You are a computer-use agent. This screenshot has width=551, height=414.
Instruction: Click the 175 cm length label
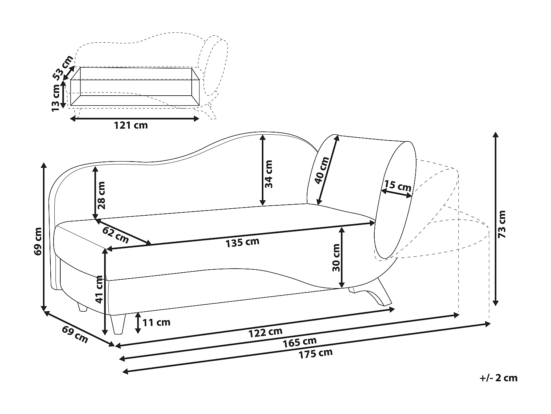[316, 354]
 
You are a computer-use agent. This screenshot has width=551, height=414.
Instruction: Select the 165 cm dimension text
[299, 342]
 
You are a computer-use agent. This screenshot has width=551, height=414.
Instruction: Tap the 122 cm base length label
[265, 332]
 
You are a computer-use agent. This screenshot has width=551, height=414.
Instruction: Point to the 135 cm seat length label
[242, 242]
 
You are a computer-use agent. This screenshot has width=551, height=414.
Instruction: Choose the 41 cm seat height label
[100, 289]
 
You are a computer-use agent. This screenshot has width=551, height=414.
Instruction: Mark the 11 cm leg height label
[156, 322]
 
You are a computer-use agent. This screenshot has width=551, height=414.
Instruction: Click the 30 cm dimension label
[336, 258]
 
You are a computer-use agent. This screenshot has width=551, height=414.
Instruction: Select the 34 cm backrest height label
[269, 174]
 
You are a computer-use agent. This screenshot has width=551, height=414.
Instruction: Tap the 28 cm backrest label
[101, 195]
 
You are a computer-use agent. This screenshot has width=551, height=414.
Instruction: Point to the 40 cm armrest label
[321, 170]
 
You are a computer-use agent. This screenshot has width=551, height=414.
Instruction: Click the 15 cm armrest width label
[398, 186]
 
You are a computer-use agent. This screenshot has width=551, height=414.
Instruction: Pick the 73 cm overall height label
[502, 224]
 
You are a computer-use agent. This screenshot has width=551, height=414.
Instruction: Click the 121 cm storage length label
[131, 125]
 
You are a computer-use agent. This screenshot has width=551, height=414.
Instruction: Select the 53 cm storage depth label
[63, 68]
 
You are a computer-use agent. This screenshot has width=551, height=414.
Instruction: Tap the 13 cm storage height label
[55, 98]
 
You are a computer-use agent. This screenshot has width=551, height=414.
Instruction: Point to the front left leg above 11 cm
[118, 325]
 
